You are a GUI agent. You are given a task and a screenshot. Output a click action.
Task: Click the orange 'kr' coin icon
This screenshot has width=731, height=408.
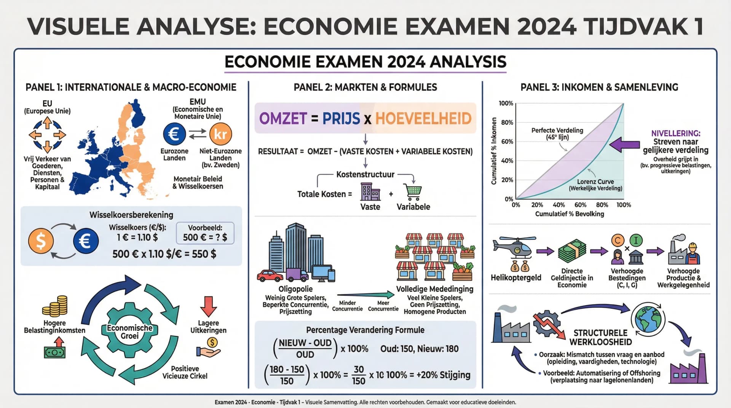[220, 134]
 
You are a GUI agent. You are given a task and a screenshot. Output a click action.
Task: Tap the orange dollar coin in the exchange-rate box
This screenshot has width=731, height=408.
[41, 241]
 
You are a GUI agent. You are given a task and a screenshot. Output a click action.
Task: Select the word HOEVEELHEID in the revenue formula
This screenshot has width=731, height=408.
[423, 119]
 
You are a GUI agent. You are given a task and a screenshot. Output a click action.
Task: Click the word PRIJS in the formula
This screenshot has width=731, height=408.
[341, 119]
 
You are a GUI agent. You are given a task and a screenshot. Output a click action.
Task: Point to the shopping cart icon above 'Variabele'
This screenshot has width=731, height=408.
[413, 192]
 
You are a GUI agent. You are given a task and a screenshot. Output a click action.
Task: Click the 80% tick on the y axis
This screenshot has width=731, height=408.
[507, 123]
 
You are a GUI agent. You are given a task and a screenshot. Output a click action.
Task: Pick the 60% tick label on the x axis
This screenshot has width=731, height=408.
[581, 205]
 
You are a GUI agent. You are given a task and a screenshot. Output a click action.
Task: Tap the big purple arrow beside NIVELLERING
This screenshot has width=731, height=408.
[624, 145]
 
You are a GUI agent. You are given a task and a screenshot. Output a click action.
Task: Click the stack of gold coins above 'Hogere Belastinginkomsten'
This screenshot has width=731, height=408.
[55, 306]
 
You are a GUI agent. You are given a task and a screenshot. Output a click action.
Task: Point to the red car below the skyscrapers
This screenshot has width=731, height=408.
[270, 275]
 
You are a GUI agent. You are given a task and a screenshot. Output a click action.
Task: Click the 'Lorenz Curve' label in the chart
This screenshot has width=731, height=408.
[595, 182]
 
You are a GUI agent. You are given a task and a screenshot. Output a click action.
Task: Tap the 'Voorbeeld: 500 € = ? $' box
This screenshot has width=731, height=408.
[205, 233]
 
